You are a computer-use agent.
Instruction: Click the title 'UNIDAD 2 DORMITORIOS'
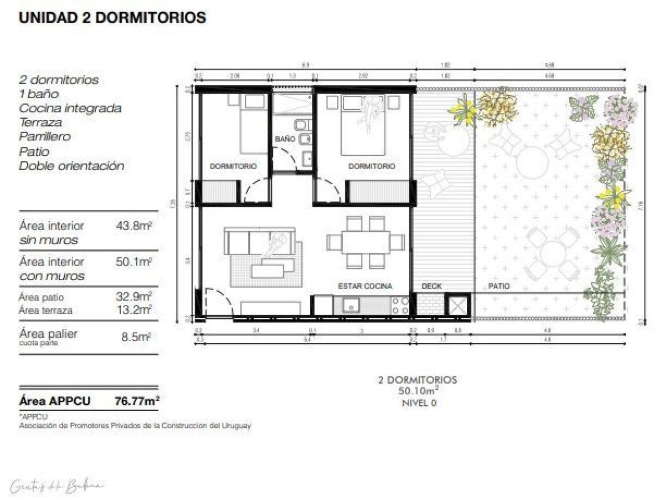(x=112, y=18)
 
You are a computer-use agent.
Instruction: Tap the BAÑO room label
(x=285, y=139)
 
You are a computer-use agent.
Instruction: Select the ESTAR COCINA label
(x=365, y=286)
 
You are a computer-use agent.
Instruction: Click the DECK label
(x=432, y=286)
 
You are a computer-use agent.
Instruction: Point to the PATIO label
(x=499, y=286)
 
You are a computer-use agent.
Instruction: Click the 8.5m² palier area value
(x=136, y=337)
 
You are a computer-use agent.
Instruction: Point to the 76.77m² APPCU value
(x=137, y=401)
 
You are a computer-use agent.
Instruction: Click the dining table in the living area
(x=365, y=242)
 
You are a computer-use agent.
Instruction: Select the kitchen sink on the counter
(x=351, y=305)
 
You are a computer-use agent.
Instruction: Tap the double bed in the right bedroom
(x=363, y=125)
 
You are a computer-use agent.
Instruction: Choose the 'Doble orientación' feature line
(x=71, y=166)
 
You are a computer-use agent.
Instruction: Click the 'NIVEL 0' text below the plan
(x=419, y=403)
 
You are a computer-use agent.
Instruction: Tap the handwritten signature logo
(x=56, y=486)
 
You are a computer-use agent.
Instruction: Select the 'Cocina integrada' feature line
(x=70, y=108)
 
